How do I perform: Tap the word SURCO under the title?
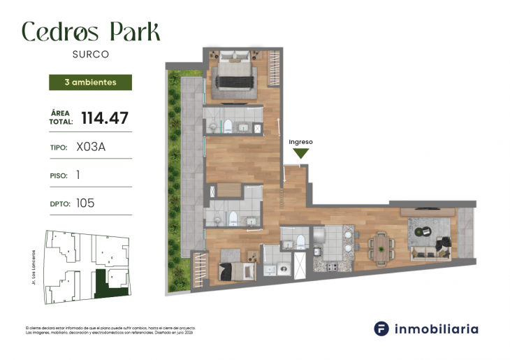pyautogui.click(x=90, y=53)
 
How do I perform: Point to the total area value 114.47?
pyautogui.click(x=105, y=117)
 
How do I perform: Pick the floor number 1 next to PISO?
pyautogui.click(x=78, y=175)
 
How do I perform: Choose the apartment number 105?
pyautogui.click(x=85, y=203)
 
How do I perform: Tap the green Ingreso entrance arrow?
pyautogui.click(x=301, y=154)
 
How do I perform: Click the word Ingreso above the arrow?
pyautogui.click(x=301, y=142)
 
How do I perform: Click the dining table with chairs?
pyautogui.click(x=381, y=247)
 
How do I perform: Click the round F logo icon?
pyautogui.click(x=381, y=329)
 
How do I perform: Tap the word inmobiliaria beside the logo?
pyautogui.click(x=437, y=329)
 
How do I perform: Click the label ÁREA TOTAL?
pyautogui.click(x=61, y=117)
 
